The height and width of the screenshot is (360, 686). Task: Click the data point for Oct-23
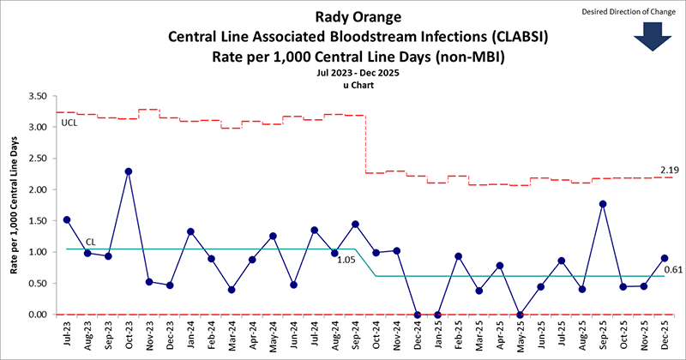tap(128, 171)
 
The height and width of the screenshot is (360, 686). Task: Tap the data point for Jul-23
tap(66, 219)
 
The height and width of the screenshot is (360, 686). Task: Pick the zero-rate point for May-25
tap(521, 315)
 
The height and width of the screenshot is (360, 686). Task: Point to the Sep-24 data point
tap(355, 225)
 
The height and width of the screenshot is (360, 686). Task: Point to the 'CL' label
tap(90, 243)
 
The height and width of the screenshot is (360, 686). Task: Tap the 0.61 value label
tap(673, 270)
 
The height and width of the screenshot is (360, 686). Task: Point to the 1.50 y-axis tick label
tap(35, 221)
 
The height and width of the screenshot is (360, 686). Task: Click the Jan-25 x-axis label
tap(437, 334)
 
